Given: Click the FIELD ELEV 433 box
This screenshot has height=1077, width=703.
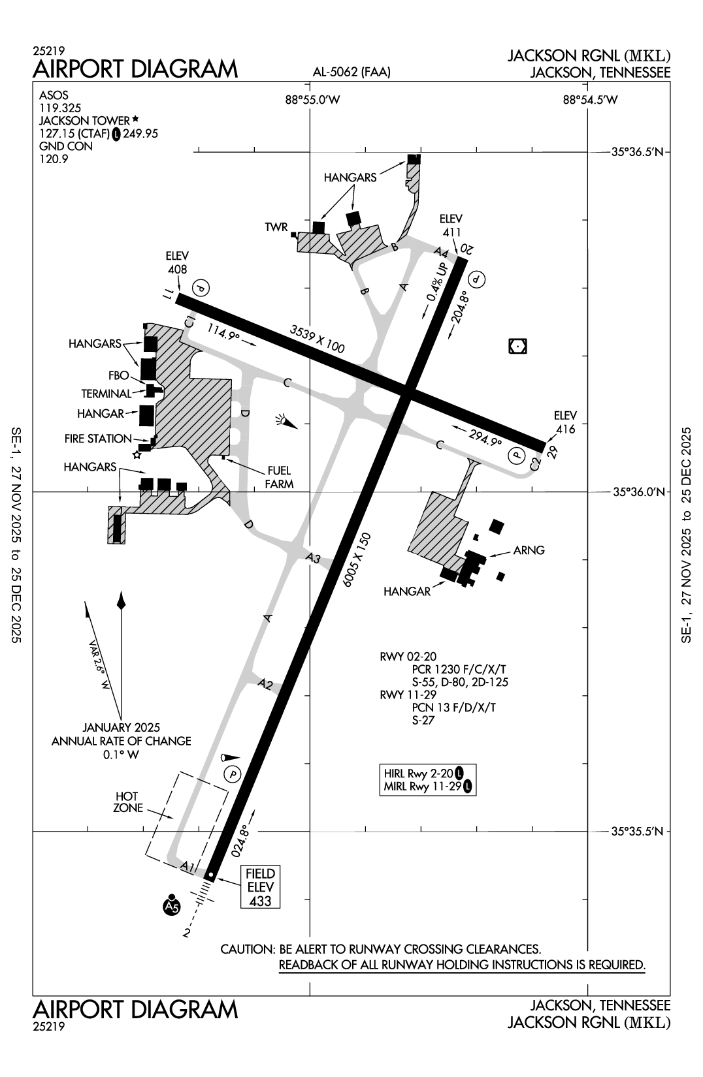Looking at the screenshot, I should [x=260, y=887].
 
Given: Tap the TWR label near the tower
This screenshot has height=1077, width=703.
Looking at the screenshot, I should [x=276, y=227].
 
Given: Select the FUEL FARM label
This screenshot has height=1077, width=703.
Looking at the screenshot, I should [x=279, y=477].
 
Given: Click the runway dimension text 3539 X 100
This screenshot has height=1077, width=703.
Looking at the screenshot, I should [x=317, y=339].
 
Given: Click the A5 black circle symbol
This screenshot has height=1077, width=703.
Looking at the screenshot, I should [x=171, y=906].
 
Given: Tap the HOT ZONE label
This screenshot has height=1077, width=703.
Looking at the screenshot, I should [x=127, y=802].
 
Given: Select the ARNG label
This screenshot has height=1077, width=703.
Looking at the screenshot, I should [x=529, y=550].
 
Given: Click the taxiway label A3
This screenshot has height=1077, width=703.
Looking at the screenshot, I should [x=314, y=558].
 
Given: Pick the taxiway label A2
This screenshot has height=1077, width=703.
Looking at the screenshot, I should [x=265, y=684].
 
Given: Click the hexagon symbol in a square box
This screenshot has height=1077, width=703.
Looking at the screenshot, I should [x=517, y=347].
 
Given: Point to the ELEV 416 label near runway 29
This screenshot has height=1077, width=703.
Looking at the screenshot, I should [x=566, y=422].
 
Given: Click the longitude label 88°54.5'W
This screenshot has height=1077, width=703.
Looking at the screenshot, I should [x=590, y=100].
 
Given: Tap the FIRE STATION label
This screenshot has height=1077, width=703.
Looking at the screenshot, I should [x=98, y=439].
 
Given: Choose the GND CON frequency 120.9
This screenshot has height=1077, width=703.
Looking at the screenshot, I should [x=54, y=159].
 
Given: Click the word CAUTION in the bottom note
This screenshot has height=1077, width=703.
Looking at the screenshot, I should [x=248, y=949].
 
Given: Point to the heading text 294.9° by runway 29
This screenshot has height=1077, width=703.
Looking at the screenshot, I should [x=483, y=437].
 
